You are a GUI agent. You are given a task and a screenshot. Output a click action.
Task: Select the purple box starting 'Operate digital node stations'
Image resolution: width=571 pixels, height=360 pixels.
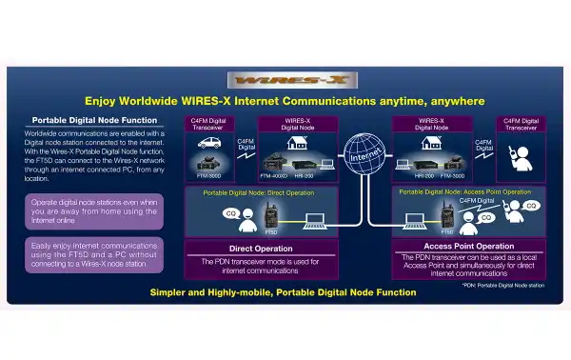click(x=95, y=210)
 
